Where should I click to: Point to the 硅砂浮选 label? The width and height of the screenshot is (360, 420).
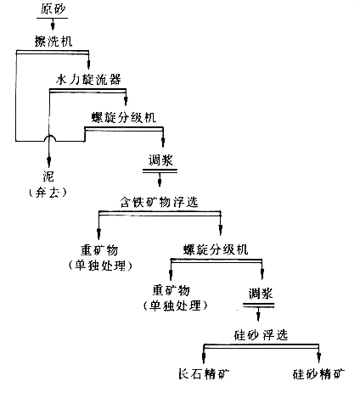tap(262, 333)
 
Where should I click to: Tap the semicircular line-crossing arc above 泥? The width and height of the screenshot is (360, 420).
tap(48, 138)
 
